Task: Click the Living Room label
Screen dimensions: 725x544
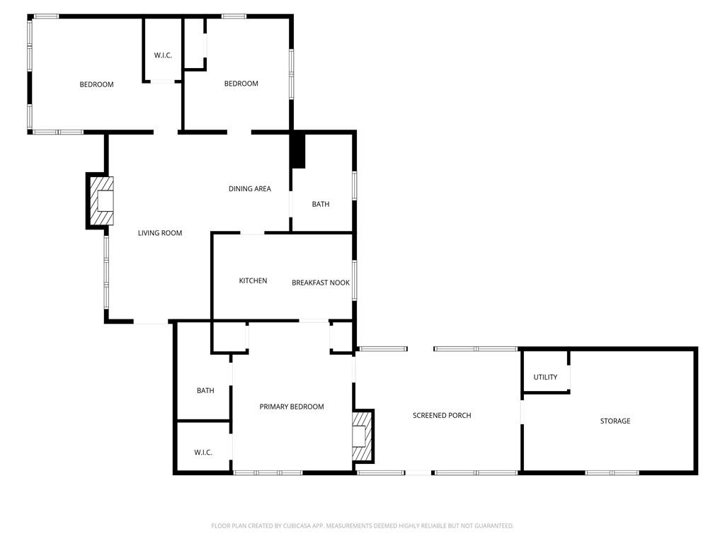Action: (x=160, y=233)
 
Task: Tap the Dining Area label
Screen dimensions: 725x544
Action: (x=250, y=188)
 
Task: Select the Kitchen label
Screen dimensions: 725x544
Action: (x=253, y=280)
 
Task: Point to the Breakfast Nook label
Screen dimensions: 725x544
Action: (x=321, y=283)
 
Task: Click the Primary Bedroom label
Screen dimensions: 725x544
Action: (x=292, y=407)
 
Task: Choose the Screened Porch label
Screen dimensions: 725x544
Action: (x=442, y=415)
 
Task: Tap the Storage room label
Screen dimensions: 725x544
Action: (x=615, y=421)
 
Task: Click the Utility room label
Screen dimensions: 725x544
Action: (x=546, y=377)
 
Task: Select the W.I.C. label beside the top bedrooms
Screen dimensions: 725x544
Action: (x=164, y=55)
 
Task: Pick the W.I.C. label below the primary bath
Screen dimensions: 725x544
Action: (x=203, y=453)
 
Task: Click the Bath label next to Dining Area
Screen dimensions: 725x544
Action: (x=321, y=204)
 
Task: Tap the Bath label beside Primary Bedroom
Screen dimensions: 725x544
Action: (x=206, y=390)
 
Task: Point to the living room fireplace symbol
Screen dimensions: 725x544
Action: (x=100, y=200)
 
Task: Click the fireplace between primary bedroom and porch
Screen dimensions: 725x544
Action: (x=363, y=436)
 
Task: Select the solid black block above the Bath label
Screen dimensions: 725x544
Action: (x=298, y=151)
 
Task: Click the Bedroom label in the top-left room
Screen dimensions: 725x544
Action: (x=96, y=85)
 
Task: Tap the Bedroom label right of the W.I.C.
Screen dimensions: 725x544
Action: (x=241, y=84)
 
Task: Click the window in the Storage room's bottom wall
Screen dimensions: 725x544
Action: (x=612, y=472)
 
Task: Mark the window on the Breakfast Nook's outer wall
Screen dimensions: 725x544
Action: (x=355, y=280)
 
